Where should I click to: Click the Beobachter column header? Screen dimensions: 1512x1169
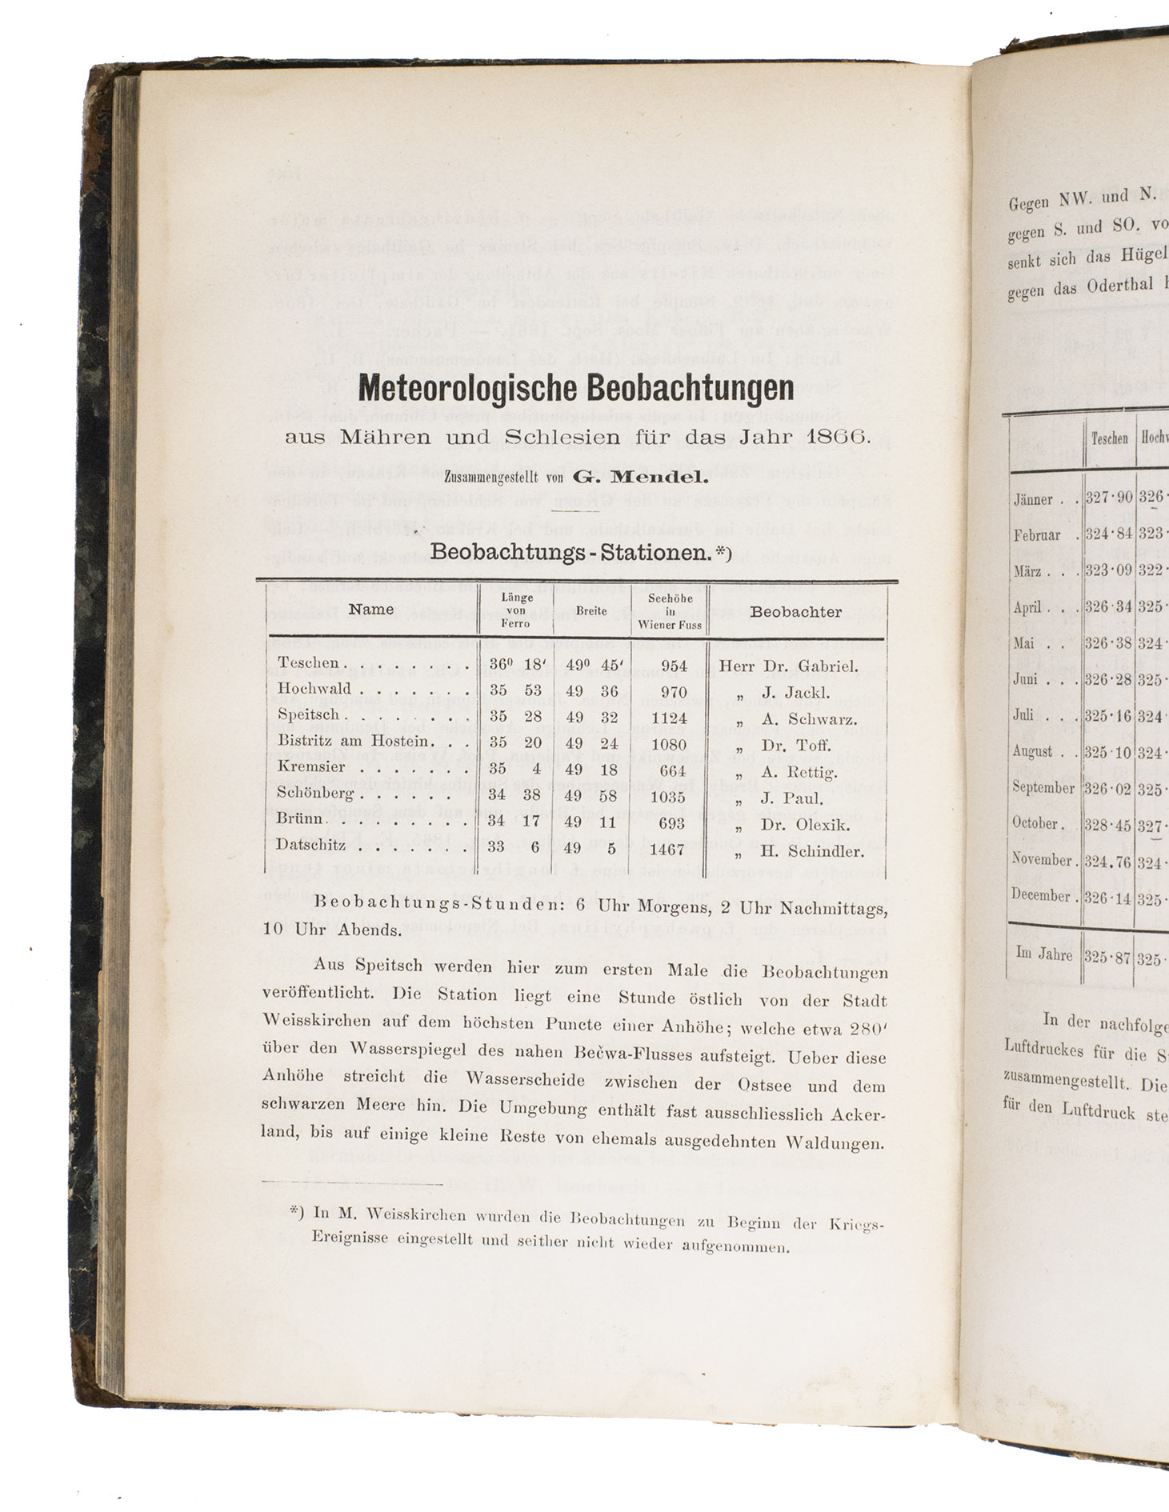(x=795, y=612)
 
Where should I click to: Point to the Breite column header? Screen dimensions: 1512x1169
(x=591, y=611)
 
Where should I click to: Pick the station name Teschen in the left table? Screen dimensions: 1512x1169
(x=308, y=663)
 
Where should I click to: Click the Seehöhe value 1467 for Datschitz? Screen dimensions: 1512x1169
(x=667, y=850)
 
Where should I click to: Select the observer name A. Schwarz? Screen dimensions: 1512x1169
(x=809, y=719)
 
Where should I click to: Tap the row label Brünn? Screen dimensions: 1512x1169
(x=301, y=819)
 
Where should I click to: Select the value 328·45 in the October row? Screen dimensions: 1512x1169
(x=1108, y=825)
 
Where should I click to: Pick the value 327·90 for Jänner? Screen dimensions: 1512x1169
(x=1108, y=497)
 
